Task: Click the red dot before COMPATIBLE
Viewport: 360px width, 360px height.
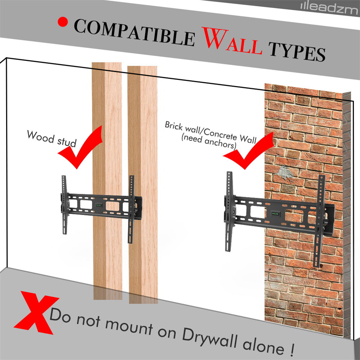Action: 63,22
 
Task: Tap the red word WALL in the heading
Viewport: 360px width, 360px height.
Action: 232,41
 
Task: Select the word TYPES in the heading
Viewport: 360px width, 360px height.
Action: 297,51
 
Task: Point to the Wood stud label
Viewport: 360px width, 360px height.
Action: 52,138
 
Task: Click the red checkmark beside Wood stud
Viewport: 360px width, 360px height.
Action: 80,147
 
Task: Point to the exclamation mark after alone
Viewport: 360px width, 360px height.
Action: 291,348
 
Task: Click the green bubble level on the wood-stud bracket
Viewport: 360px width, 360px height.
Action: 99,205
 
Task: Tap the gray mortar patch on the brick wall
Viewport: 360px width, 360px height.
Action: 284,172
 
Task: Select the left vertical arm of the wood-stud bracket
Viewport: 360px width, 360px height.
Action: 64,205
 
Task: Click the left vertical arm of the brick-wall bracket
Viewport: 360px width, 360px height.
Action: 229,211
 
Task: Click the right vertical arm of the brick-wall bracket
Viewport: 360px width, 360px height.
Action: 319,221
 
